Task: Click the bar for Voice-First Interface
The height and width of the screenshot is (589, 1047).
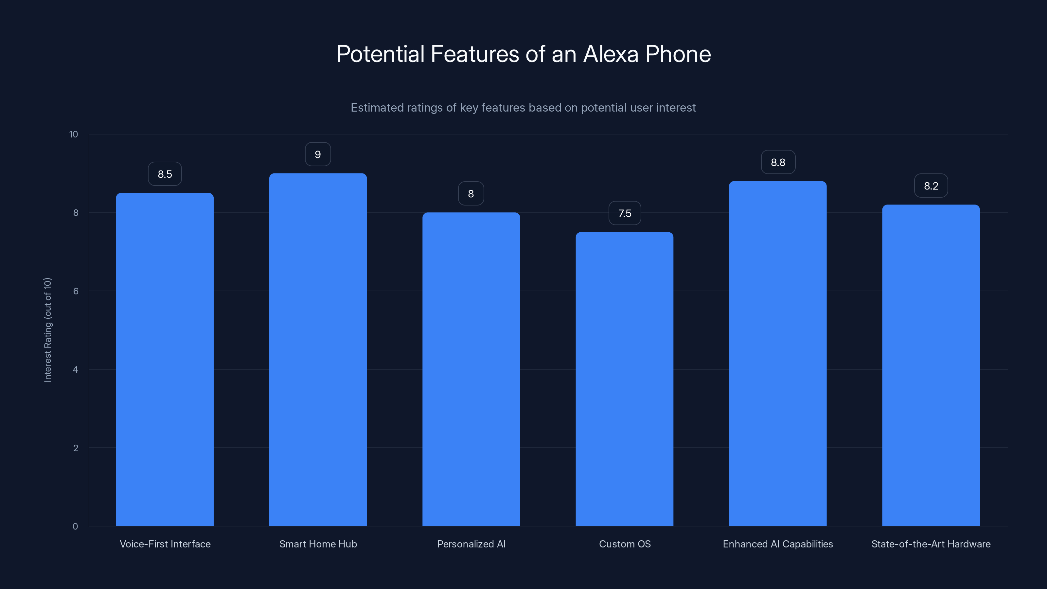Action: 165,359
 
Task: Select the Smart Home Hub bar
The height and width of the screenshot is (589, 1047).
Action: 318,349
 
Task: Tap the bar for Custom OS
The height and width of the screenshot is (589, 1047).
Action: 624,379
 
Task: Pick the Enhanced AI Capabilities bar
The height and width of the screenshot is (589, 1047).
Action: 777,354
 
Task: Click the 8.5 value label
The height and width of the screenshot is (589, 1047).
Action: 165,174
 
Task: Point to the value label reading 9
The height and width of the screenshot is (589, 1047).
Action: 318,154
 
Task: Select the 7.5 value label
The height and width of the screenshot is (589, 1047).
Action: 625,213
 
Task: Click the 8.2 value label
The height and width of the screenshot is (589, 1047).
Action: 931,186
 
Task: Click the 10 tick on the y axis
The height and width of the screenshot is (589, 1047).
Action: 74,134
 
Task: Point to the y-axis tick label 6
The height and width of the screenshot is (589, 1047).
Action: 76,291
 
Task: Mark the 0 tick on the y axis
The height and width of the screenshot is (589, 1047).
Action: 75,527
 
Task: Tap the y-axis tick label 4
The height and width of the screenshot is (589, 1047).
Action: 76,369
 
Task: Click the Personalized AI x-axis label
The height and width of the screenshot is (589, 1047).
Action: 471,544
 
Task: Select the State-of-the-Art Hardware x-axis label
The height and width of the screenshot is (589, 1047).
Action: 931,544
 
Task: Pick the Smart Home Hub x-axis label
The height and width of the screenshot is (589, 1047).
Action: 318,544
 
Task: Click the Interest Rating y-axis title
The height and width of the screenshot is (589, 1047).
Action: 47,330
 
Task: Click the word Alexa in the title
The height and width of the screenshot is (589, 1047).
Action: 611,54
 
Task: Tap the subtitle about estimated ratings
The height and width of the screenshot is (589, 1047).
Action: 523,108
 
